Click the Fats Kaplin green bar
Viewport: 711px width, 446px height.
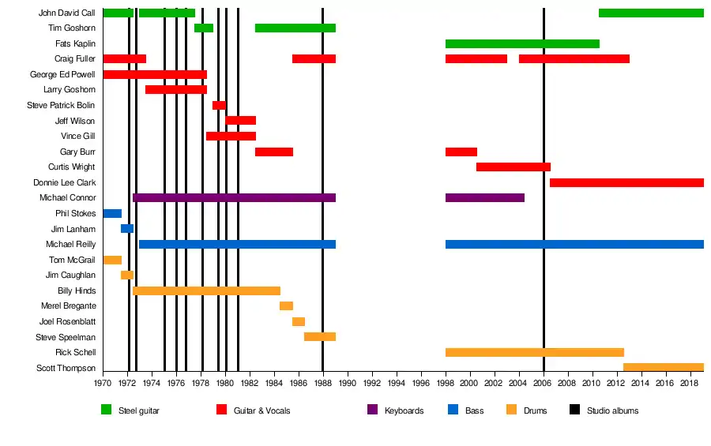(522, 43)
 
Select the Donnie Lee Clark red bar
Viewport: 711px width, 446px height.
(626, 182)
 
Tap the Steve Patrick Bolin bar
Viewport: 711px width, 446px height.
(219, 105)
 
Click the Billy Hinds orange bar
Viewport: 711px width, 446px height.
(206, 290)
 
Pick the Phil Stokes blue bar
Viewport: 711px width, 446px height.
(112, 213)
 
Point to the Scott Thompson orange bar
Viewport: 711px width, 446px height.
(664, 367)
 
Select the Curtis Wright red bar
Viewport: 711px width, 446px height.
(513, 167)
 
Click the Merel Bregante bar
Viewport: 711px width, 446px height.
(286, 305)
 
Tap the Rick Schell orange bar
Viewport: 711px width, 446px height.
(535, 352)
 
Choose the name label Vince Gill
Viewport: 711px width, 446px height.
(78, 136)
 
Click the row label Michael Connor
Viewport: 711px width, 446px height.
(68, 197)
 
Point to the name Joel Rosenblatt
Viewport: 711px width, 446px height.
(68, 321)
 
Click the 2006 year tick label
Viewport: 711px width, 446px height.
(544, 383)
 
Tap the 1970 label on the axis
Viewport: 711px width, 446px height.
(103, 383)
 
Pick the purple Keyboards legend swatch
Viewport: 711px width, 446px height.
(373, 410)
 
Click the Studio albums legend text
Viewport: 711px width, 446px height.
(612, 410)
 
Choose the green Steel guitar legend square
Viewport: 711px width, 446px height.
(107, 410)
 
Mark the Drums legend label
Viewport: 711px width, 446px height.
(535, 410)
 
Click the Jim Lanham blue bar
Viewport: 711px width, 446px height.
(127, 229)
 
